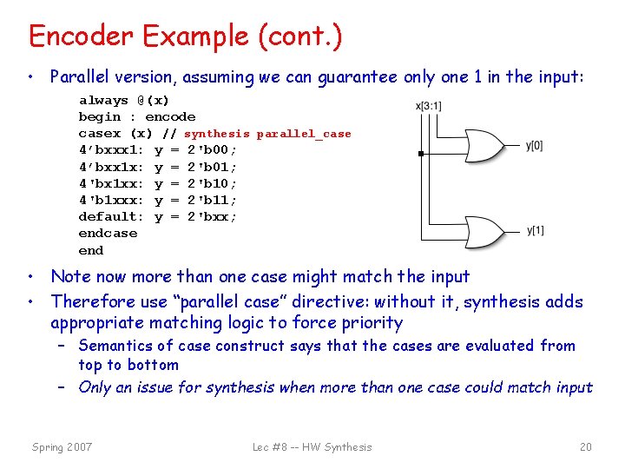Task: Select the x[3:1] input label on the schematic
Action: click(429, 106)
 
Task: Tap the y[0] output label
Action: click(535, 145)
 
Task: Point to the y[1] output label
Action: click(535, 230)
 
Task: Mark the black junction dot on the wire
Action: click(420, 154)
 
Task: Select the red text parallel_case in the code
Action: click(304, 134)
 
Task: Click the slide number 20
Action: click(586, 447)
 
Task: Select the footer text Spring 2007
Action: click(62, 447)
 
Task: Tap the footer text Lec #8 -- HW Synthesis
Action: click(312, 447)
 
